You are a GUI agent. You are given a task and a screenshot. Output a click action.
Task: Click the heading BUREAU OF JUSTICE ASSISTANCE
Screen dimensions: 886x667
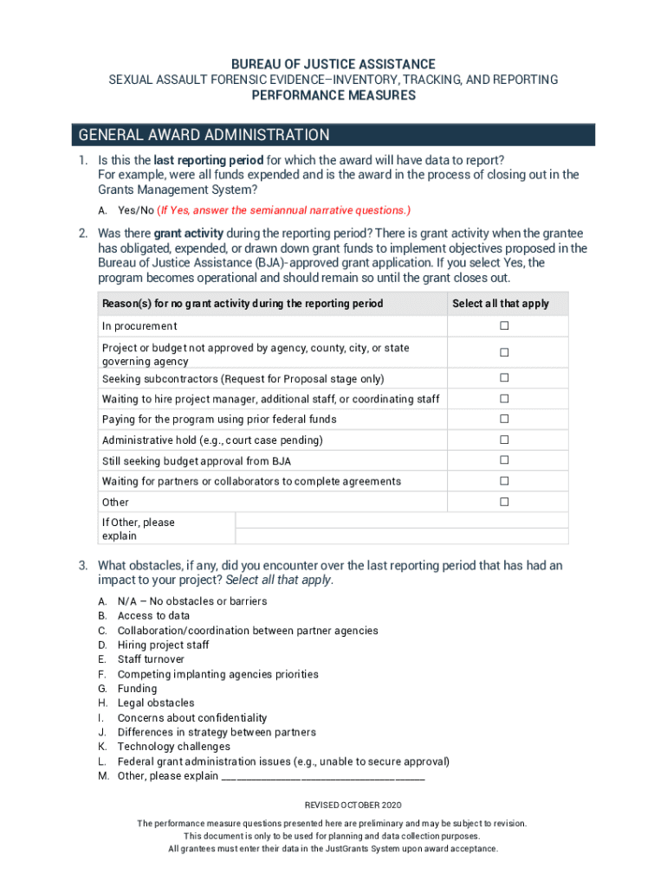click(333, 64)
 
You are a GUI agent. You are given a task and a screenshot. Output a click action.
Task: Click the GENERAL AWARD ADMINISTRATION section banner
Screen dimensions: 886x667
click(333, 135)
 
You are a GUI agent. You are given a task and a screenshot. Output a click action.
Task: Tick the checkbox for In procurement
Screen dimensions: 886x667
click(503, 326)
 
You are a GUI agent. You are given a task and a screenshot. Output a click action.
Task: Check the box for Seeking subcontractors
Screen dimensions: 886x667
click(503, 379)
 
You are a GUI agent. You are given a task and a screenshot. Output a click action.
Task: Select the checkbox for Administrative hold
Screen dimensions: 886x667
click(503, 440)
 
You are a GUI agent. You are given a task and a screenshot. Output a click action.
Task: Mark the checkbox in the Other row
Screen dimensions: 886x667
click(503, 502)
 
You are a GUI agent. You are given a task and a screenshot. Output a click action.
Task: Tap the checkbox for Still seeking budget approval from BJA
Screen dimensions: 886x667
click(503, 461)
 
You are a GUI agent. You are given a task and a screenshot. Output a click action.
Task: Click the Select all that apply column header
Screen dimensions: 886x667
click(501, 304)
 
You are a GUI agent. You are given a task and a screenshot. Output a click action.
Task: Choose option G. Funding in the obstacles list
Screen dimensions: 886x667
click(137, 689)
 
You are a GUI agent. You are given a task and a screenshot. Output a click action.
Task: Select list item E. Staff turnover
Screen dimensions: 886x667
click(151, 659)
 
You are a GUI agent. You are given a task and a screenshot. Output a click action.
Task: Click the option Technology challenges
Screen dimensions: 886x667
click(173, 747)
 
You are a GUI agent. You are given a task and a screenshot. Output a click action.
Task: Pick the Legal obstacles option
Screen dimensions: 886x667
click(156, 703)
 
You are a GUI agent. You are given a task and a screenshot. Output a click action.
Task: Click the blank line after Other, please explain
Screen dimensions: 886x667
click(323, 777)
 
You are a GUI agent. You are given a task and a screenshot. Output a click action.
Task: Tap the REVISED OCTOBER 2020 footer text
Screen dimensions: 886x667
click(333, 806)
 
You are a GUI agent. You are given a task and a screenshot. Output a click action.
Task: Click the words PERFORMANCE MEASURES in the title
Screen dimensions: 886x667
click(333, 95)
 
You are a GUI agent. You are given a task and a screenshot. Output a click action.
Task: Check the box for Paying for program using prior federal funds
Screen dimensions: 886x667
click(503, 420)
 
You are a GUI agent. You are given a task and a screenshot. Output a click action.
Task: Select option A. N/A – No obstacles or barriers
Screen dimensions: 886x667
click(191, 601)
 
